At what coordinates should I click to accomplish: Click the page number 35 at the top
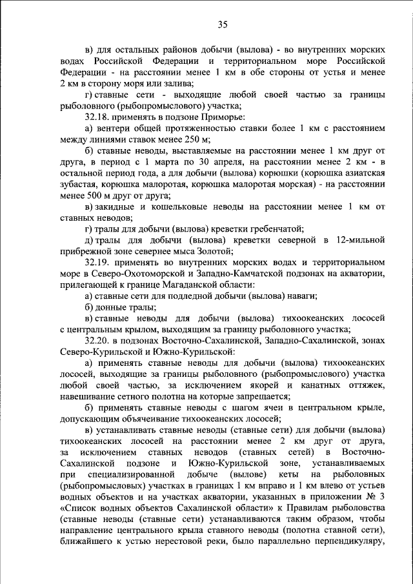(222, 25)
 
